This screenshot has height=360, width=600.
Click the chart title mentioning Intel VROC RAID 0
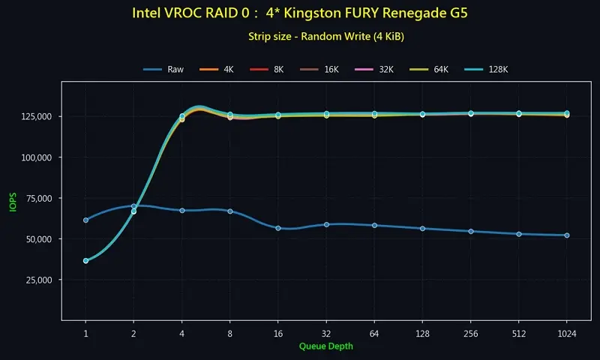300,13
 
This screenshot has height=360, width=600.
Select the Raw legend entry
164,69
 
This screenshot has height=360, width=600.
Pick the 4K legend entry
219,69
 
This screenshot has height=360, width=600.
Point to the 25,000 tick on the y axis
37,280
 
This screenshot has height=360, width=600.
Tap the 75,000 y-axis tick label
37,199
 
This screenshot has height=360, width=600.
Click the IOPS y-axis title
11,199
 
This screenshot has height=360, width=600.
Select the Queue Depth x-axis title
325,346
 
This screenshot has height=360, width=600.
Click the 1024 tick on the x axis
567,333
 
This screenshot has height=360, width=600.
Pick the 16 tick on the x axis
278,333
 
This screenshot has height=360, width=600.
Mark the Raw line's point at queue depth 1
85,220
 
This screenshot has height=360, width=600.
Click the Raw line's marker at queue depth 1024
567,235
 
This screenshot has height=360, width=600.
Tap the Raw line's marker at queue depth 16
278,228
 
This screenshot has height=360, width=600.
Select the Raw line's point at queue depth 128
422,228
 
